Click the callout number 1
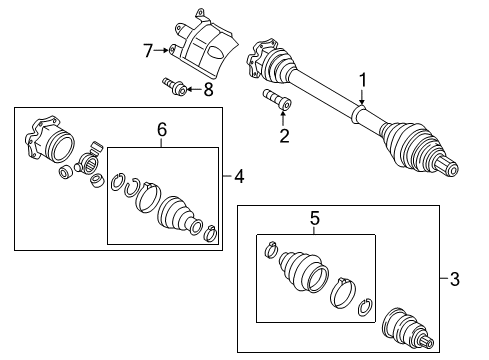[362, 81]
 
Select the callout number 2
[284, 136]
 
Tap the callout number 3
[455, 279]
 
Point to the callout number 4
[239, 176]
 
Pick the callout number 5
[315, 219]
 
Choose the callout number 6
[162, 130]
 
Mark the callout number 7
[148, 51]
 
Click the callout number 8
[209, 89]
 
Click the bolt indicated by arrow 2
[277, 99]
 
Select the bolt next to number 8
[175, 86]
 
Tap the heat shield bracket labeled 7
[203, 43]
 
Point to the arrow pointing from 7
[161, 50]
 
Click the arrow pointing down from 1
[362, 97]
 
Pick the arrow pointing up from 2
[283, 119]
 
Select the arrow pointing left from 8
[195, 89]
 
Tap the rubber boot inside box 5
[303, 271]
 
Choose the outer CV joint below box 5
[407, 329]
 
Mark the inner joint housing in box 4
[50, 140]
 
